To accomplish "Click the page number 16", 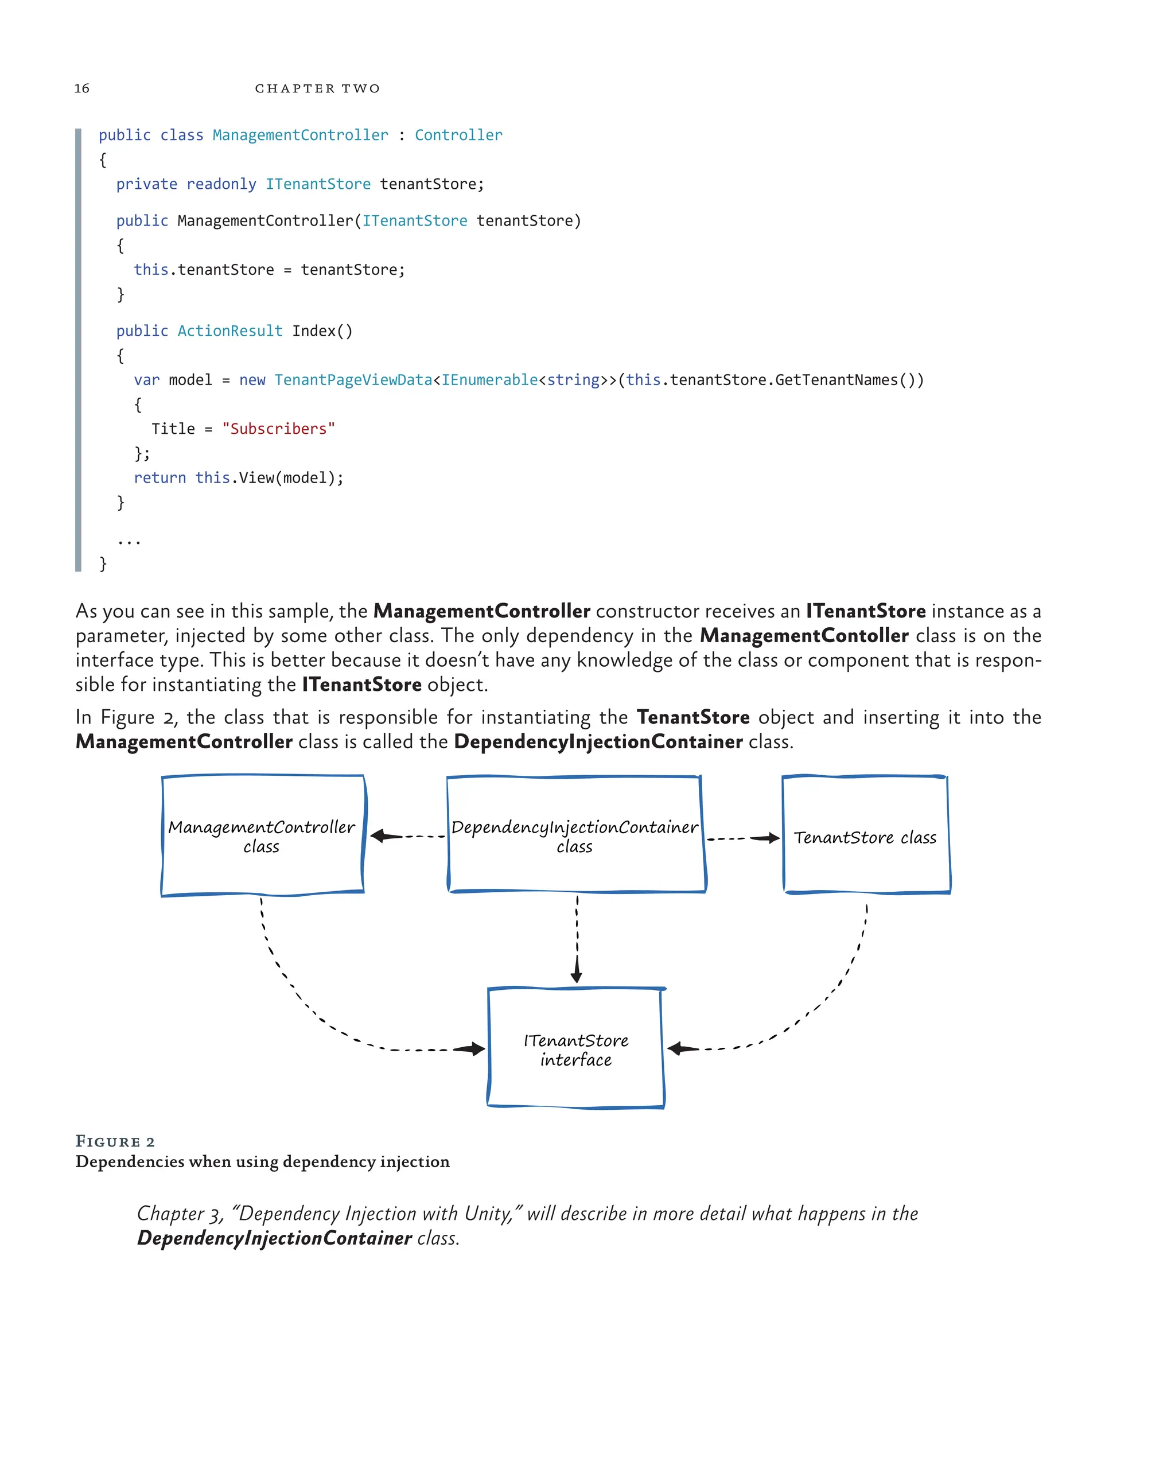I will tap(81, 88).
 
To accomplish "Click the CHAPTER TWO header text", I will tap(317, 88).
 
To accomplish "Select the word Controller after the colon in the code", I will tap(458, 135).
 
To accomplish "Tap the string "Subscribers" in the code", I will tap(279, 429).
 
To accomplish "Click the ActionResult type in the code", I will tap(229, 331).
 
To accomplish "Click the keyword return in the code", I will tap(159, 477).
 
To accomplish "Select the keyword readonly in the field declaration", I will tap(221, 184).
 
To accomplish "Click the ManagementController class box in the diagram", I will tap(262, 835).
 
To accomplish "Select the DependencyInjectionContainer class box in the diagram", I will tap(575, 835).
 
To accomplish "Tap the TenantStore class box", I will tap(865, 836).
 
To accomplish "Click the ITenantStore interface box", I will tap(575, 1050).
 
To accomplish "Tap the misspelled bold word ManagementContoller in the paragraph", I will tap(804, 636).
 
